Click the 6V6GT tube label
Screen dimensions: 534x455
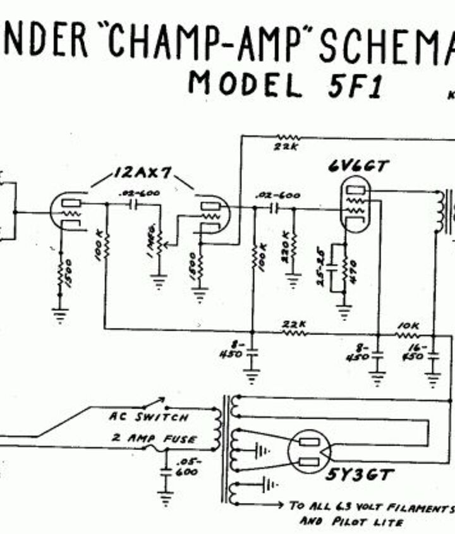(x=359, y=166)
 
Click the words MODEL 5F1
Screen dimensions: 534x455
(x=285, y=85)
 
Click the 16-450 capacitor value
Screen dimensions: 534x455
(x=416, y=352)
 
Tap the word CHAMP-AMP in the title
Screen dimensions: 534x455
(x=208, y=40)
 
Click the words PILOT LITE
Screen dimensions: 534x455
(x=351, y=523)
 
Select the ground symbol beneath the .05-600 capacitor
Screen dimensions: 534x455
(x=166, y=499)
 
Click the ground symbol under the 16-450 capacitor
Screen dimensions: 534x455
(x=433, y=380)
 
